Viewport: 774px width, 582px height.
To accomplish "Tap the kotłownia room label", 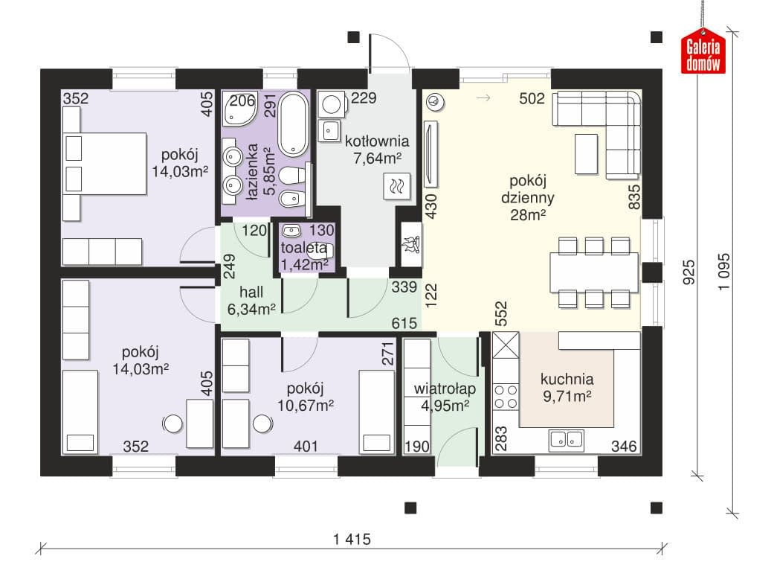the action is tap(377, 141).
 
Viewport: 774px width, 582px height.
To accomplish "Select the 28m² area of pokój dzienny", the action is tap(528, 215).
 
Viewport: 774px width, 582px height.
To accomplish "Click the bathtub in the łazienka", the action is tap(293, 124).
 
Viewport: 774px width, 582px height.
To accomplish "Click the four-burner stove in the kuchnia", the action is tap(506, 397).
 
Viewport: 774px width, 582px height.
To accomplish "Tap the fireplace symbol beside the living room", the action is tap(410, 244).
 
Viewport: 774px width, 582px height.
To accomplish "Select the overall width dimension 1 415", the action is tap(352, 539).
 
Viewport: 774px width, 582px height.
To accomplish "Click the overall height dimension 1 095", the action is tap(723, 272).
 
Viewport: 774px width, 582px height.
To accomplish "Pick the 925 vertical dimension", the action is tap(688, 272).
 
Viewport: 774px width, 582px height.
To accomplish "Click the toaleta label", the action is tap(303, 248).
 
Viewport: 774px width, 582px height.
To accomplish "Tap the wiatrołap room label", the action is tap(445, 388).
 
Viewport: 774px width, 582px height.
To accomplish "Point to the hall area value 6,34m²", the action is tap(251, 310).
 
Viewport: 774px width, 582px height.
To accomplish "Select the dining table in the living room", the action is tap(594, 272).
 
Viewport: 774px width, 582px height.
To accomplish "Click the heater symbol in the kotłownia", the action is tap(397, 186).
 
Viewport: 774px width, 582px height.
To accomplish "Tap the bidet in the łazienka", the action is tap(289, 199).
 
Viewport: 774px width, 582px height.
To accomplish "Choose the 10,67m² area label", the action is tap(306, 406).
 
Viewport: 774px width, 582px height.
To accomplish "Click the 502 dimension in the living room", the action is tap(532, 99).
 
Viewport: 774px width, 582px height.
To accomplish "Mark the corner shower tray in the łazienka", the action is tap(239, 108).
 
